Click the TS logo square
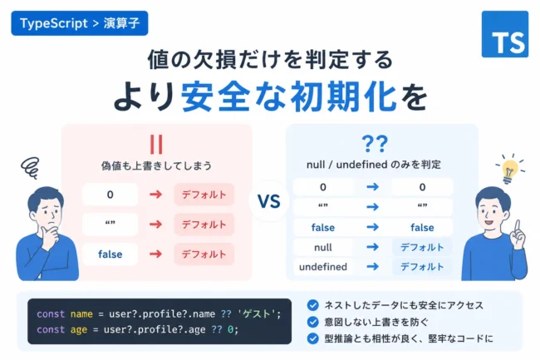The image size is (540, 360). click(504, 34)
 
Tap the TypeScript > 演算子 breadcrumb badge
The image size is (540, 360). click(80, 23)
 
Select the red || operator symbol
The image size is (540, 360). click(156, 145)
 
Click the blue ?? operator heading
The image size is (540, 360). click(375, 144)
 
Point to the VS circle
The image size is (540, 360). click(269, 201)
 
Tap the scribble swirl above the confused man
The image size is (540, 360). click(30, 168)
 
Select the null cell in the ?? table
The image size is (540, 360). click(322, 247)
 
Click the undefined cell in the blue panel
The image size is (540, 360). click(322, 267)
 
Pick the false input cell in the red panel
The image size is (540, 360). click(110, 254)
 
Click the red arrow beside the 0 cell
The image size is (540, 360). click(155, 195)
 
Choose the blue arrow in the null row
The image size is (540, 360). click(372, 247)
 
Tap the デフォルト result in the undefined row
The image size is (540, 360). click(422, 267)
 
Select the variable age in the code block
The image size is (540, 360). click(79, 330)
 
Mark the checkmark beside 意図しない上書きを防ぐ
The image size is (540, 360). click(312, 322)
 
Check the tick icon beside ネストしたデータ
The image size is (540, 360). click(312, 305)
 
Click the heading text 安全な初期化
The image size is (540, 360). click(288, 96)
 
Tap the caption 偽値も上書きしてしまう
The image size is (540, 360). click(156, 165)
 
